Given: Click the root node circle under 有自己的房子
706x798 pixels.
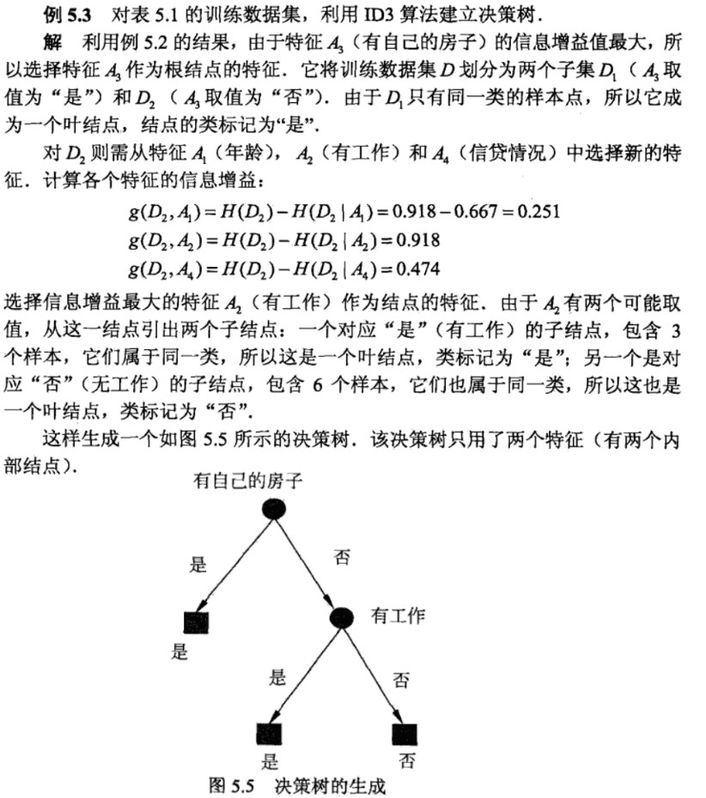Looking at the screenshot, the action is (272, 510).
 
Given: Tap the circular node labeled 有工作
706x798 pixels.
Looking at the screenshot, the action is (342, 618).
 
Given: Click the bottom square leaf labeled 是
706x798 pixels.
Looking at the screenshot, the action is (270, 734).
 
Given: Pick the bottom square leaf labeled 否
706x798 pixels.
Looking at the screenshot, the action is (404, 734).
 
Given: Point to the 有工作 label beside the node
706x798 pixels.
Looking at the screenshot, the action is (398, 615).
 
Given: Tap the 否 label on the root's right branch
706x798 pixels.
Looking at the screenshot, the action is (342, 558).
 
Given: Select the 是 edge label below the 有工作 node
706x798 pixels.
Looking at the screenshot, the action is (277, 678).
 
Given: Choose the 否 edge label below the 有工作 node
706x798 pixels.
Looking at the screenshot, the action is (400, 680).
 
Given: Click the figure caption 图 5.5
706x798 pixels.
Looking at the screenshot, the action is (235, 785).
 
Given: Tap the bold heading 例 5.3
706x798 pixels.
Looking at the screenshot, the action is (68, 16).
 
